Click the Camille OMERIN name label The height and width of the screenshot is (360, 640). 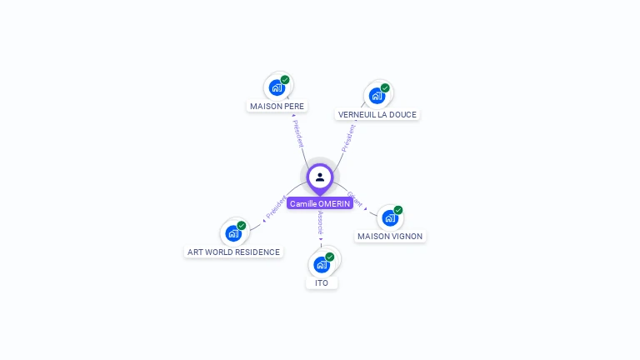tap(320, 203)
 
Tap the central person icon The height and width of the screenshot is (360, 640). tap(320, 177)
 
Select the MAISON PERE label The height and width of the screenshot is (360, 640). tap(277, 106)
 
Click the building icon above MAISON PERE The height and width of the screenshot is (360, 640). tap(277, 87)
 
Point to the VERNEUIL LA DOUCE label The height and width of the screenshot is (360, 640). tap(377, 114)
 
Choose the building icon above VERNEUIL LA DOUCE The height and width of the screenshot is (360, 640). tap(377, 96)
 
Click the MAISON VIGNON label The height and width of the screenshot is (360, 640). tap(390, 236)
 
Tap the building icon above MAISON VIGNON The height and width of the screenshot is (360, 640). tap(389, 218)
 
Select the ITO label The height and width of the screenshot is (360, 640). tap(322, 282)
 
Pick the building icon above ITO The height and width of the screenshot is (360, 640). tap(322, 265)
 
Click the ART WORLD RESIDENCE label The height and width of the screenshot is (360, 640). tap(233, 252)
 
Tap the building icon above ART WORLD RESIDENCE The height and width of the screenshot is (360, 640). tap(233, 233)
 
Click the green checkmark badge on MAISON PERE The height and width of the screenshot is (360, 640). tap(285, 80)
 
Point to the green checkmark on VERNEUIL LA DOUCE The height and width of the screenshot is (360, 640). tap(385, 87)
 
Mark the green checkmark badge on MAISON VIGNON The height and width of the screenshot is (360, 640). tap(398, 210)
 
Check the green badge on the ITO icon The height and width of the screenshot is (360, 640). tap(330, 257)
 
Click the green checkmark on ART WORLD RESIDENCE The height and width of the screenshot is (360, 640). tap(242, 226)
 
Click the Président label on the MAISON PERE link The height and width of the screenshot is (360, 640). tap(297, 133)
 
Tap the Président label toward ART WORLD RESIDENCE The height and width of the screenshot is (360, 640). tap(276, 207)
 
